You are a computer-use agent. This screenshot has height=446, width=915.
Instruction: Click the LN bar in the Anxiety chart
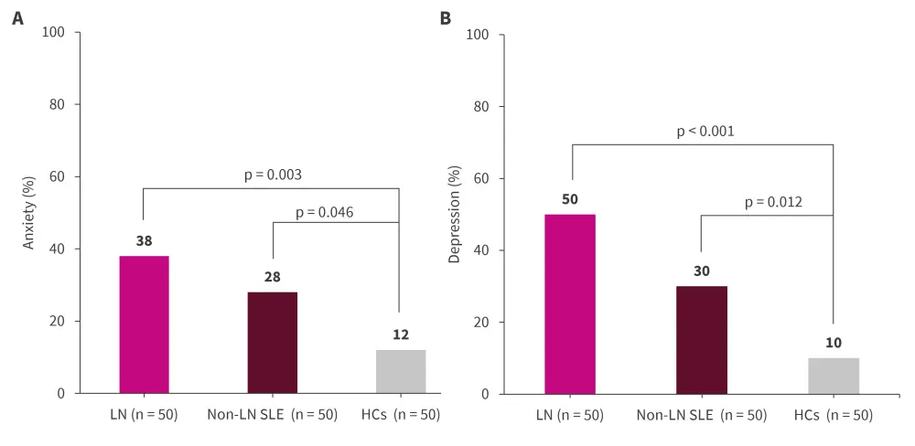(144, 324)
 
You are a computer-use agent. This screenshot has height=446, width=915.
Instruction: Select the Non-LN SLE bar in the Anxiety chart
(272, 343)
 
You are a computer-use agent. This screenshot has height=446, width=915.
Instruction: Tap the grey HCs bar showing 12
(400, 371)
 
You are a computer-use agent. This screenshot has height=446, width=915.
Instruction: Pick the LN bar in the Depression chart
(570, 303)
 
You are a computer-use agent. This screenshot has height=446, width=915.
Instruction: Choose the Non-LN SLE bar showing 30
(701, 339)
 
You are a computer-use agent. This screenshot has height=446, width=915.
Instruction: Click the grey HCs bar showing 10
(834, 376)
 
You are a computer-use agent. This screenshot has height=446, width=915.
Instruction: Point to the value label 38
(144, 241)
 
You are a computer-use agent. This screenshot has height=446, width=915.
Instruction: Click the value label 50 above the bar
(570, 199)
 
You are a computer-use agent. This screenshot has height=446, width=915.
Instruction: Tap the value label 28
(272, 277)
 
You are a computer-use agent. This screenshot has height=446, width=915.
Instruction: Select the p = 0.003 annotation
(273, 175)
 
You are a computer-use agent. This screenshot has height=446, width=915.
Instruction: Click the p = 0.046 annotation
(324, 213)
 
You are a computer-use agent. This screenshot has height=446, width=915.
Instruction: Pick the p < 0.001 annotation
(705, 131)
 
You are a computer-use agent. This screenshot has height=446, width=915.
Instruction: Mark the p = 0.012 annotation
(773, 202)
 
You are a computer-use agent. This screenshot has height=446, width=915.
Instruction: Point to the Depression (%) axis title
(454, 214)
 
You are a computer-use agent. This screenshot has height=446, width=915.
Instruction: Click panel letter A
(17, 17)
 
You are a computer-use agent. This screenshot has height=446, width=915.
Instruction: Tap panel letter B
(446, 17)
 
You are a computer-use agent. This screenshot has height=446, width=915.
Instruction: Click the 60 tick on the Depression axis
(479, 179)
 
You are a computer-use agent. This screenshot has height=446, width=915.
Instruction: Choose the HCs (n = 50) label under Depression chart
(834, 415)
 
